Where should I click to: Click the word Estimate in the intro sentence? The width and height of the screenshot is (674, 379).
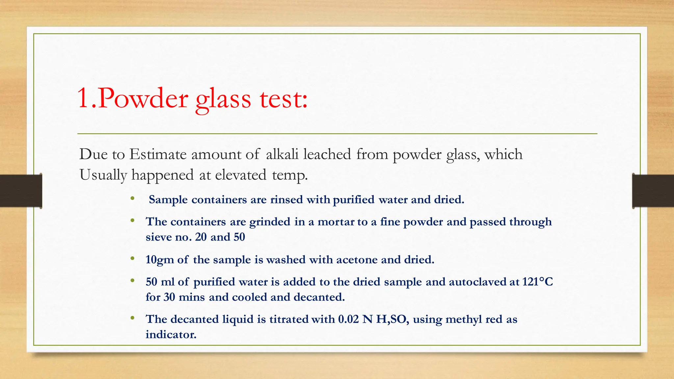(x=158, y=154)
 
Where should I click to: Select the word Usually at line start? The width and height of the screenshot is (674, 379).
(x=103, y=175)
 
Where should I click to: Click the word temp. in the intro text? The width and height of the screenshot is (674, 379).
(x=290, y=175)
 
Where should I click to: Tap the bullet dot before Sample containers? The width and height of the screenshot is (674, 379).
(x=132, y=198)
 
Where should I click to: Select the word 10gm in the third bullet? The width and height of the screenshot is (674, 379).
(x=160, y=260)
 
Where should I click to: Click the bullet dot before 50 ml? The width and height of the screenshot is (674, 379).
(x=132, y=281)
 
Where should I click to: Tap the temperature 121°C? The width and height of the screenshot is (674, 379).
(x=537, y=282)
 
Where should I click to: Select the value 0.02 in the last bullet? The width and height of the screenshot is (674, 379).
(x=348, y=319)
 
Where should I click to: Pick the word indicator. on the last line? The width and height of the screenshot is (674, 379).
(x=171, y=335)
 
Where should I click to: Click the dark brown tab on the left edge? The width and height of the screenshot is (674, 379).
(x=21, y=191)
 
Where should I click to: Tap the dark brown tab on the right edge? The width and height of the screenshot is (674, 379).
(x=653, y=191)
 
